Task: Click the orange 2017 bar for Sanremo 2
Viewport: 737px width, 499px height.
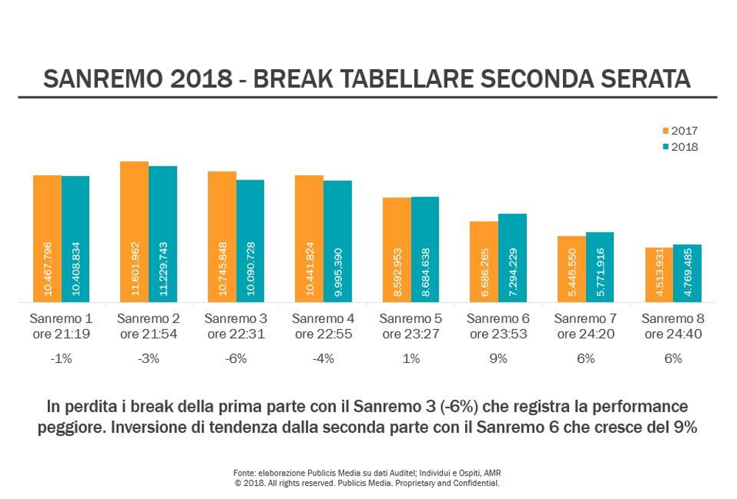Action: point(134,231)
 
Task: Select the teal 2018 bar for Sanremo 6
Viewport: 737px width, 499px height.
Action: point(512,258)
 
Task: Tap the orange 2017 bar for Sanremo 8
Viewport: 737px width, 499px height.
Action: point(659,275)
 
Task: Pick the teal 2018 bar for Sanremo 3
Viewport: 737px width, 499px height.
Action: point(250,241)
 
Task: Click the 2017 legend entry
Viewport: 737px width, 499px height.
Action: point(680,131)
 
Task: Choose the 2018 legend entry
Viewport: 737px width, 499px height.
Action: point(680,147)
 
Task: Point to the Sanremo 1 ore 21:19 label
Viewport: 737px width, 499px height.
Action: point(61,326)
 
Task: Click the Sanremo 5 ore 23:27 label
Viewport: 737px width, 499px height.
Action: point(411,326)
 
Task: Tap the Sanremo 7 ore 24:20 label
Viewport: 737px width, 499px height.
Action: point(585,326)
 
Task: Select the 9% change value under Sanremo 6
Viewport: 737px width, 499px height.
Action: point(498,359)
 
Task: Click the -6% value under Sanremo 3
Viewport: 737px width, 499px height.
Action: point(236,359)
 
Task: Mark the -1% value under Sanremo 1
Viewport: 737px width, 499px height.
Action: point(61,359)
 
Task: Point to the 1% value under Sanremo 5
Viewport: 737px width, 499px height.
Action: point(411,359)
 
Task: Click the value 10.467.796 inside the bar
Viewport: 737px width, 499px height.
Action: point(48,269)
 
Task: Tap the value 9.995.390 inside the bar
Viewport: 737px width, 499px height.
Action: point(338,269)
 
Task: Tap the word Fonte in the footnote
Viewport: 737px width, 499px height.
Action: point(244,473)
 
